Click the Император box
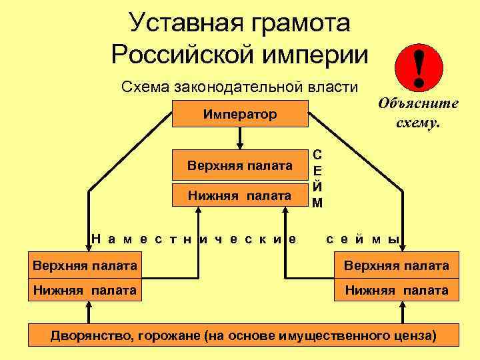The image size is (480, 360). point(240,113)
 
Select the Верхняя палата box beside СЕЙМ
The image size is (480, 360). point(240,165)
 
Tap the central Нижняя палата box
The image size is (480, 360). point(240,195)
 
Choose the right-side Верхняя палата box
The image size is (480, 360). point(396,266)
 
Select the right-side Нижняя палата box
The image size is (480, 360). point(396,290)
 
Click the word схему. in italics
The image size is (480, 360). point(418,123)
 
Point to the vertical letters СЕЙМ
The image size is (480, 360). point(318,178)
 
